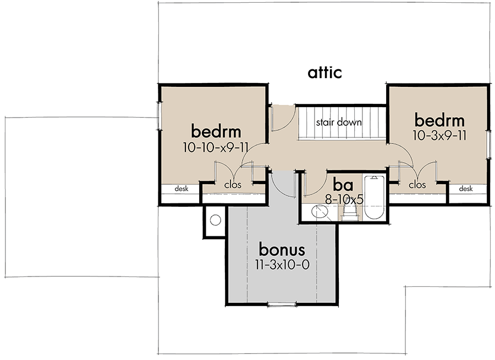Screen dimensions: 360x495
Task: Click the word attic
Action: tap(324, 72)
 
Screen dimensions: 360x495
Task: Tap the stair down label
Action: tap(338, 122)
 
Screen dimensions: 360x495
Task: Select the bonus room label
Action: tap(282, 250)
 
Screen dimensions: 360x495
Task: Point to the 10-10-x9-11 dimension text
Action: tap(216, 147)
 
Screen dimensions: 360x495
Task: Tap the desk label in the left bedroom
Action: tap(182, 189)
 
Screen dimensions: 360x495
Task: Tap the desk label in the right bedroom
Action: tap(465, 189)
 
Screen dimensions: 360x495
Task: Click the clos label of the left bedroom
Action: tap(233, 185)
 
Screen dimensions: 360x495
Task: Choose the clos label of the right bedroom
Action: tap(417, 185)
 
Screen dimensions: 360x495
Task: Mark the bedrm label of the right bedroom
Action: tap(439, 120)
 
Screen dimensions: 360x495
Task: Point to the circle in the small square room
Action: tap(216, 220)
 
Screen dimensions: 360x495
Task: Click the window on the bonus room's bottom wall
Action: tap(282, 303)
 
